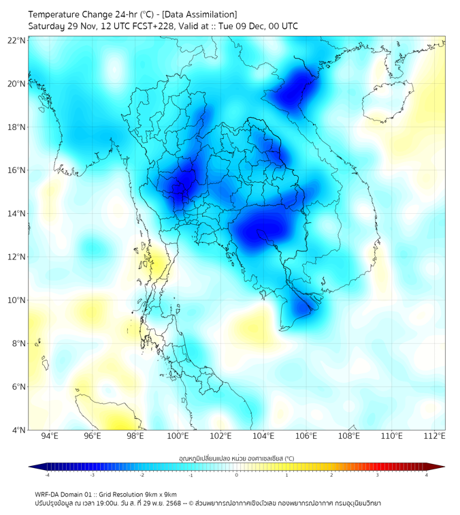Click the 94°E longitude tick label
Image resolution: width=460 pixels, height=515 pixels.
(50, 436)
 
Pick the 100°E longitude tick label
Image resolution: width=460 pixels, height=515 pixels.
(178, 436)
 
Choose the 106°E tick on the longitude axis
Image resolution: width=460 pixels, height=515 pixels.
(307, 436)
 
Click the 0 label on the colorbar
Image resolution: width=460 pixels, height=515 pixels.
(237, 475)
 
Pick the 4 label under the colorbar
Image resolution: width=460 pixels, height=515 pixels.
(427, 475)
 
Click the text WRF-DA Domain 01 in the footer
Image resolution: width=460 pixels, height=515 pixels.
(65, 494)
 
